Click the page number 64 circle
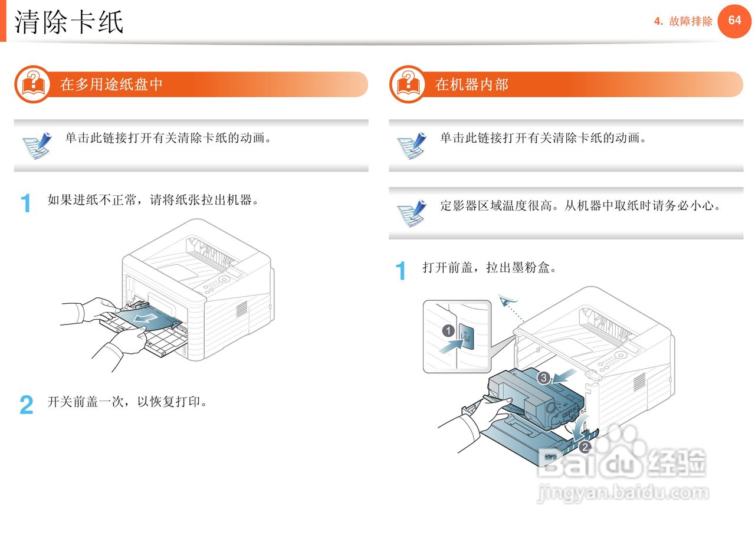[734, 21]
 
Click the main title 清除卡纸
[69, 22]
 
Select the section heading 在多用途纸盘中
[111, 84]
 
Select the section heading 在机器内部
[472, 84]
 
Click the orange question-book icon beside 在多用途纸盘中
[33, 84]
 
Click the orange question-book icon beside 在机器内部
[408, 84]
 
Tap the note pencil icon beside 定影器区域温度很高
[411, 213]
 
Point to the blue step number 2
[27, 405]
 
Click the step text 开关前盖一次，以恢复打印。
[128, 402]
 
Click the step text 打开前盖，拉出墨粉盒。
[490, 268]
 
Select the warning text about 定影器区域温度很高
[580, 206]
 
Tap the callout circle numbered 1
[448, 330]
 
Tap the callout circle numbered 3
[543, 377]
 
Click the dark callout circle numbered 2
[585, 447]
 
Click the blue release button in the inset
[467, 337]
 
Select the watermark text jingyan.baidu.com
[622, 493]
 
